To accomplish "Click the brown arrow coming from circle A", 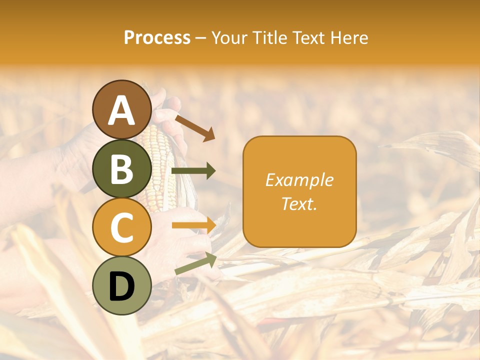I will pos(195,127).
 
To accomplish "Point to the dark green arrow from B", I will pos(193,171).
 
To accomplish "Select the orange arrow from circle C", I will pos(193,225).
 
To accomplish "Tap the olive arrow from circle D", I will pos(195,263).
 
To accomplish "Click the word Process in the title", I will pos(157,37).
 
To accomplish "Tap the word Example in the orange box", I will pos(299,180).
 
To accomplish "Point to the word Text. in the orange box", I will pos(299,203).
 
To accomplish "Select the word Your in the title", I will pos(228,37).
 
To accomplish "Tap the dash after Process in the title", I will pos(200,38).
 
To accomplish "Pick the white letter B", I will pos(121,169).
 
